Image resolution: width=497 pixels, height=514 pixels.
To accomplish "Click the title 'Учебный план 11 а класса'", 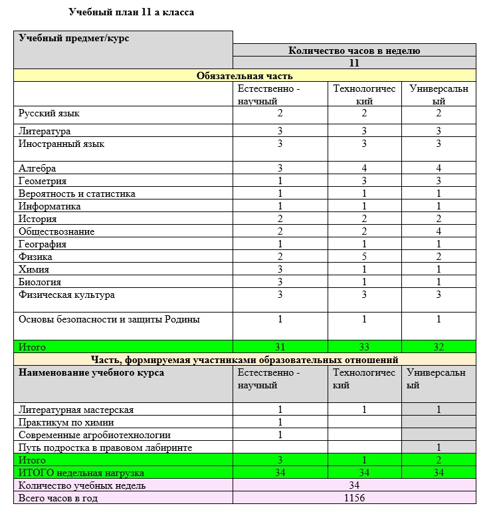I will click(132, 12).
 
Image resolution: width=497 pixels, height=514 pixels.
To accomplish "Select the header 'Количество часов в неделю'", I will click(354, 51).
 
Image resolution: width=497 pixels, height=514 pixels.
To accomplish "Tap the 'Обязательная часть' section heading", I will click(245, 76).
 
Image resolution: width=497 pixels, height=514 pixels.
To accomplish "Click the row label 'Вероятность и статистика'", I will click(77, 193).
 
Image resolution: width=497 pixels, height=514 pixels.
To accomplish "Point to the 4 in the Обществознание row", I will click(439, 231).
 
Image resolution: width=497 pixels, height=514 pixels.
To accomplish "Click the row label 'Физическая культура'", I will click(67, 295).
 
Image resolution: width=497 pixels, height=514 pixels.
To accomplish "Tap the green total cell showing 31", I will click(280, 347).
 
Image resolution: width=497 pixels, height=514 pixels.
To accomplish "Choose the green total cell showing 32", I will click(439, 347).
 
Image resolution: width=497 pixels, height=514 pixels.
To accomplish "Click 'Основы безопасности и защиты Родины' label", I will click(110, 319).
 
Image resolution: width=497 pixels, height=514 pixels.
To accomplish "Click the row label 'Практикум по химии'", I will click(66, 422).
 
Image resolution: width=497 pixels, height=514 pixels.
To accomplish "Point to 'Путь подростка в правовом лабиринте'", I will click(106, 448).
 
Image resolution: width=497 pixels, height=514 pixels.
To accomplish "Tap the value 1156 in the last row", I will click(354, 498).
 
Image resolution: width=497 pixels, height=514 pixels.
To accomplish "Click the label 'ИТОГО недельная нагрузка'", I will click(82, 473).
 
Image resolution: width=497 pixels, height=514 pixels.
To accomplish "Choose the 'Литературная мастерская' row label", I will click(76, 410).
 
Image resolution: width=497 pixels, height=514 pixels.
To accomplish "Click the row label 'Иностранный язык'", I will click(62, 144).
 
